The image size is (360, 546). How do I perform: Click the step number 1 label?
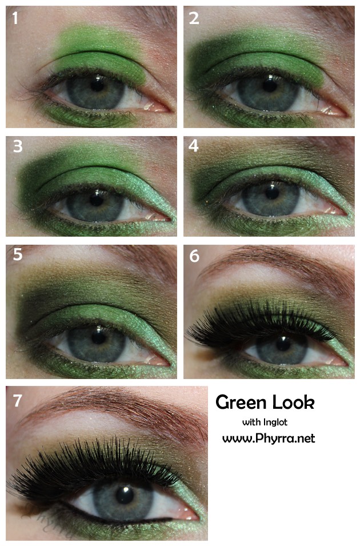pyautogui.click(x=15, y=18)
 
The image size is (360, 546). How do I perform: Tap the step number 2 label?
pyautogui.click(x=194, y=18)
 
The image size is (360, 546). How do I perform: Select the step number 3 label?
pyautogui.click(x=18, y=146)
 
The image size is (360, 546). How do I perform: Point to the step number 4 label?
pyautogui.click(x=194, y=146)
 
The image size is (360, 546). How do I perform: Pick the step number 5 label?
pyautogui.click(x=18, y=254)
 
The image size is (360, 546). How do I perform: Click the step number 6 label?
pyautogui.click(x=194, y=256)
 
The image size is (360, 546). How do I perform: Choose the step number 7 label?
pyautogui.click(x=17, y=401)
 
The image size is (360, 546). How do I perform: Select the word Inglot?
pyautogui.click(x=275, y=423)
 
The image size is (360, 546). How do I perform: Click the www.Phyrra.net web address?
pyautogui.click(x=269, y=438)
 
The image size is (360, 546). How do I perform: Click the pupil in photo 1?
pyautogui.click(x=97, y=85)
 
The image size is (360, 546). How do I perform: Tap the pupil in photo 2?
pyautogui.click(x=270, y=86)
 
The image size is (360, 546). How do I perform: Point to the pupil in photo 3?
pyautogui.click(x=97, y=200)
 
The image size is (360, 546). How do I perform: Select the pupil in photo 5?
pyautogui.click(x=98, y=337)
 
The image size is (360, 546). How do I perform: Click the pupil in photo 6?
pyautogui.click(x=283, y=344)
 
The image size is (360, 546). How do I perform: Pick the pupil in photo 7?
pyautogui.click(x=125, y=495)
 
